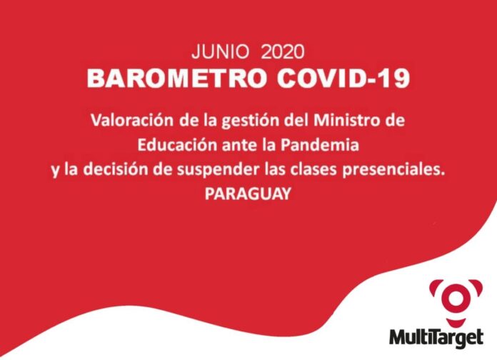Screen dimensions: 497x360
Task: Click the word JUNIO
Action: tap(220, 51)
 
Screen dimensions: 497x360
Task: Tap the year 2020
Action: tap(283, 51)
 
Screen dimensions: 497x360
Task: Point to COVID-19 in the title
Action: tap(343, 78)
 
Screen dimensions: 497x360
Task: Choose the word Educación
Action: tap(177, 145)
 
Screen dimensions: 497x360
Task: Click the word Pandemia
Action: tap(320, 145)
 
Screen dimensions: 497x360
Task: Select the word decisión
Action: tap(116, 169)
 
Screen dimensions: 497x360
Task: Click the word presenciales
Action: tap(394, 170)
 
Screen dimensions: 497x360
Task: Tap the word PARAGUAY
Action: tap(248, 194)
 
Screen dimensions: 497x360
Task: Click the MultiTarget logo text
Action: tap(436, 338)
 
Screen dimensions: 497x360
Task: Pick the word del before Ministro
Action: tap(296, 121)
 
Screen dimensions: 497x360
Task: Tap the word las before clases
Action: tap(275, 169)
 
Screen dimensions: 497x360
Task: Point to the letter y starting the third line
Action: tap(55, 171)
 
